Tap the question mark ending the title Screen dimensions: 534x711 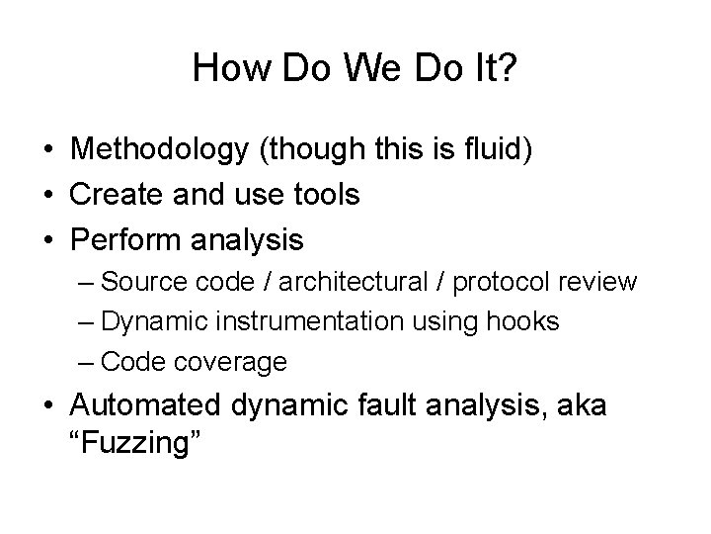(508, 68)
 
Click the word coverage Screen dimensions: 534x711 (233, 362)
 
